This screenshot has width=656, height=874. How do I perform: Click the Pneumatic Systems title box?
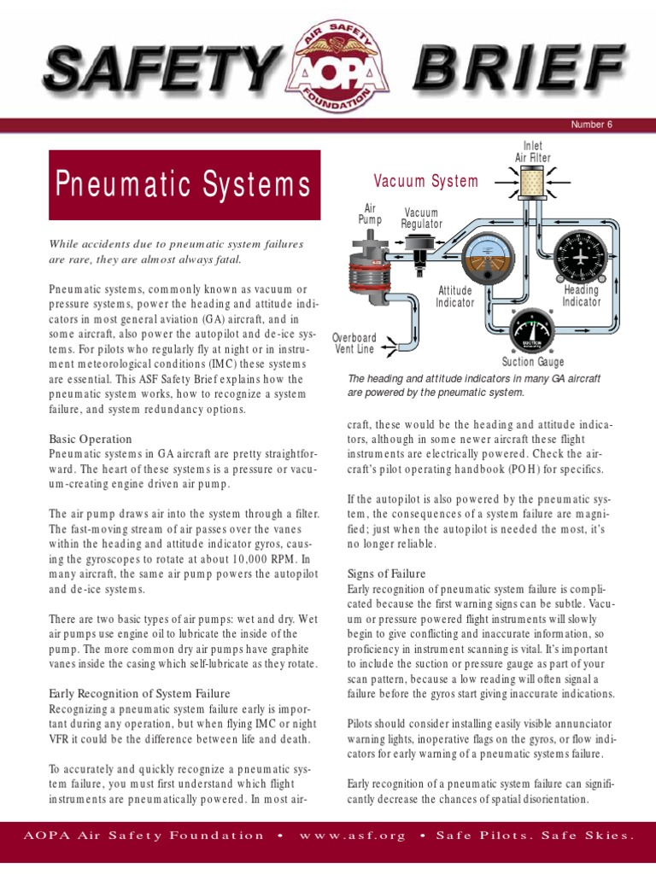point(184,184)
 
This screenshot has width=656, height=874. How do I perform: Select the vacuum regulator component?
point(419,247)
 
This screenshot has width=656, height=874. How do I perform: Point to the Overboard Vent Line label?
point(354,342)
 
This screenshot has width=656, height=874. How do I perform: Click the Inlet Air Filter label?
point(532,152)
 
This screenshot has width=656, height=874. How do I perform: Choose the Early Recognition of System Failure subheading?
point(139,693)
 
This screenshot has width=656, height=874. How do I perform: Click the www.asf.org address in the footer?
point(352,835)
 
